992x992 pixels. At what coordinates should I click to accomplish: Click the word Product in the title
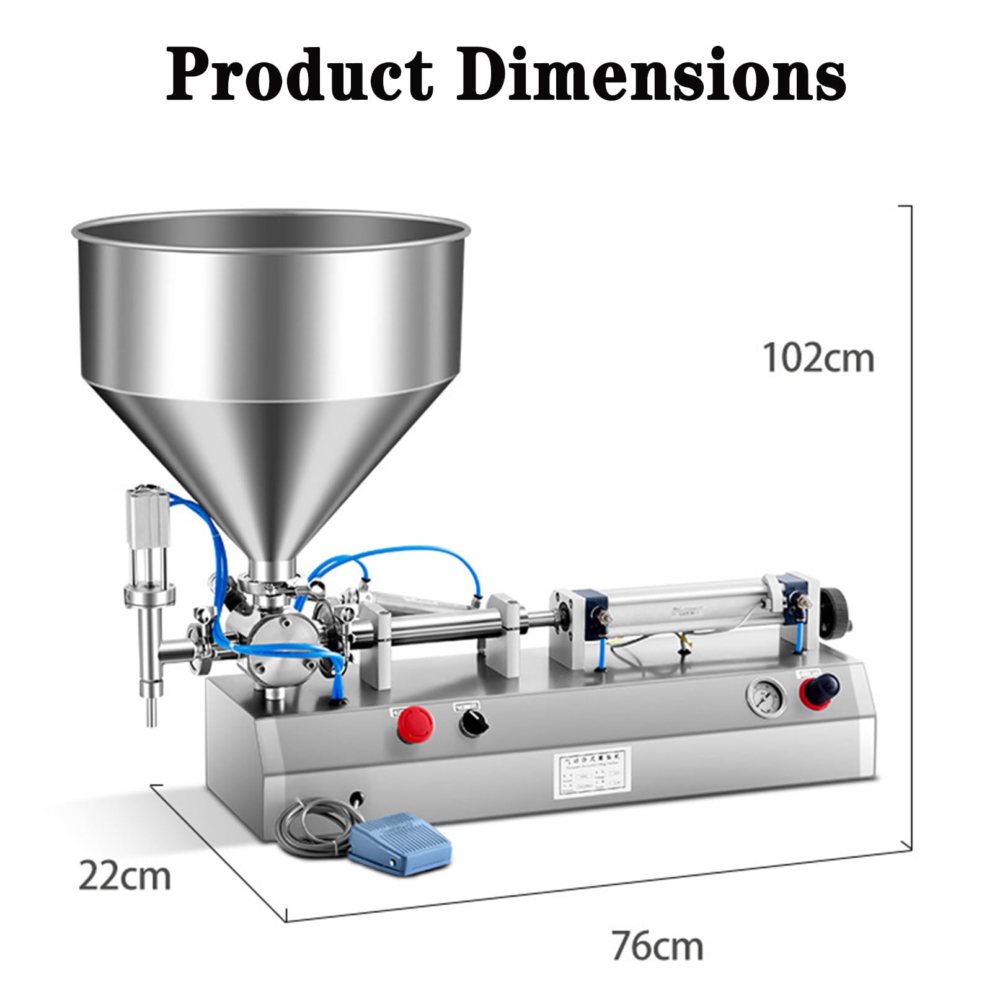click(x=299, y=76)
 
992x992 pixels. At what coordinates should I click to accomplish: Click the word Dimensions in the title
click(x=651, y=76)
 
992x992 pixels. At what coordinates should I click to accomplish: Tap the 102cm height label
click(x=818, y=358)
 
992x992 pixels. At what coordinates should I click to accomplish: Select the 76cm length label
click(x=657, y=946)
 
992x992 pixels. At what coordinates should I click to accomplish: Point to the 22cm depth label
click(x=124, y=876)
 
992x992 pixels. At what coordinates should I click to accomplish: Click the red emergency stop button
click(x=415, y=723)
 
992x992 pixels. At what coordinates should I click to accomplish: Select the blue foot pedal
click(x=400, y=838)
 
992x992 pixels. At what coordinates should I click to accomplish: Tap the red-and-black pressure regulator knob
click(x=818, y=689)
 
